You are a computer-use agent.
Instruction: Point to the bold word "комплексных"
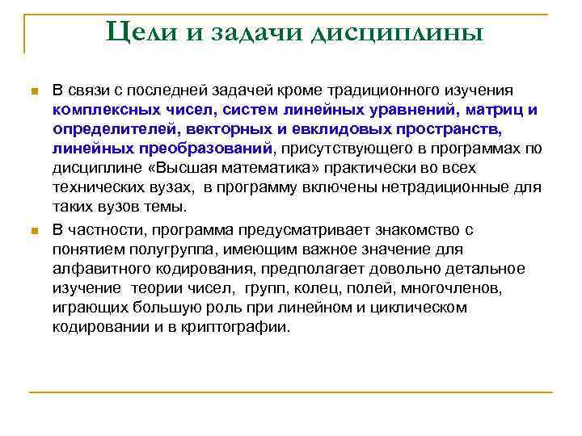tap(96, 109)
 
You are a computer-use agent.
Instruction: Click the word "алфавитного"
tap(91, 269)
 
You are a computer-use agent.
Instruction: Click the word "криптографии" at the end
tap(242, 327)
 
